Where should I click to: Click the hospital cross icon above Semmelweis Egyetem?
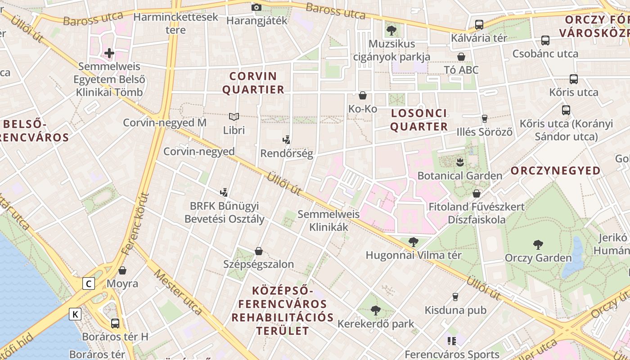pos(109,53)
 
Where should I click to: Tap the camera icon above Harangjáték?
pos(256,7)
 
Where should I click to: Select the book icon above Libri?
pos(234,117)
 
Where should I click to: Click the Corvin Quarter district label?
pos(253,83)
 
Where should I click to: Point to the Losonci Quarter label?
pos(419,120)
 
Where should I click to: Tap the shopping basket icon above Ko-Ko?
pos(362,95)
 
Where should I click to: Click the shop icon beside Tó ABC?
pos(461,57)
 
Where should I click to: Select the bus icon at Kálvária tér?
pos(479,25)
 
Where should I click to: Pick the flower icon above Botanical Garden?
pos(459,161)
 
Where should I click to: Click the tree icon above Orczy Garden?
pos(538,244)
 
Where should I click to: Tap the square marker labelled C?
pos(89,283)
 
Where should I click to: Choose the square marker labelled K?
pos(75,314)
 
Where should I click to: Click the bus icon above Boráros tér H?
pos(115,323)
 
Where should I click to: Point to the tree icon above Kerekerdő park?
pos(375,310)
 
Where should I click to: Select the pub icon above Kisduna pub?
pos(455,297)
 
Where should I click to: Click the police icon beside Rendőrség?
pos(286,140)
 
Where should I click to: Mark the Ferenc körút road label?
pos(142,223)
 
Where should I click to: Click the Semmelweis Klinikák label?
pos(329,221)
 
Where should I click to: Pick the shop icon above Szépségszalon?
pos(258,251)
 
